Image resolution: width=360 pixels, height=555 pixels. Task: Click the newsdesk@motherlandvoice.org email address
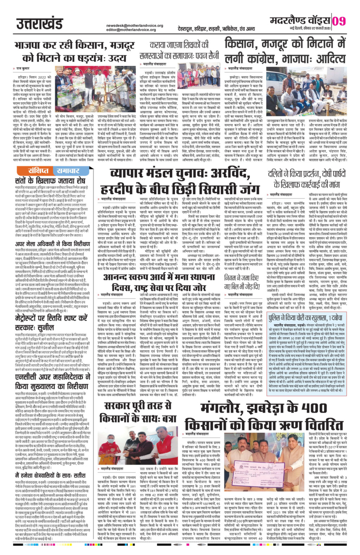[135, 25]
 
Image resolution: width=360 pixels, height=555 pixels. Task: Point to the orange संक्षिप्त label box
[38, 171]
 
